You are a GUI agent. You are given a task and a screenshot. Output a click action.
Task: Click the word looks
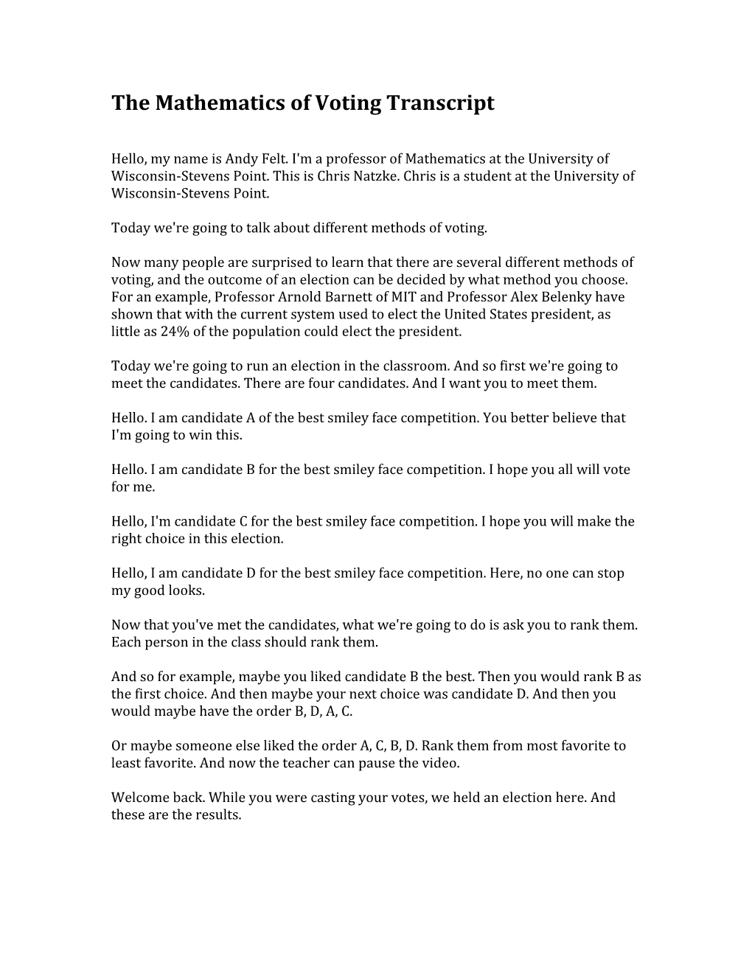[187, 590]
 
